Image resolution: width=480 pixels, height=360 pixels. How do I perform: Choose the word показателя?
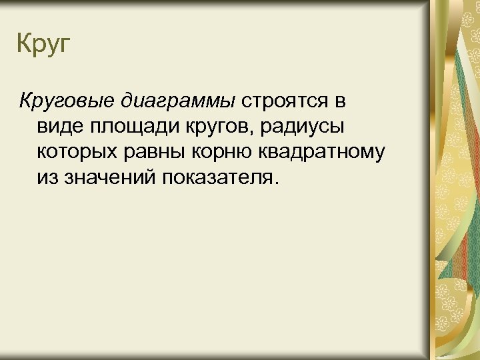[217, 177]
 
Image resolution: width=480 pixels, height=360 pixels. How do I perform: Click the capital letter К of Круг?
[24, 45]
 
